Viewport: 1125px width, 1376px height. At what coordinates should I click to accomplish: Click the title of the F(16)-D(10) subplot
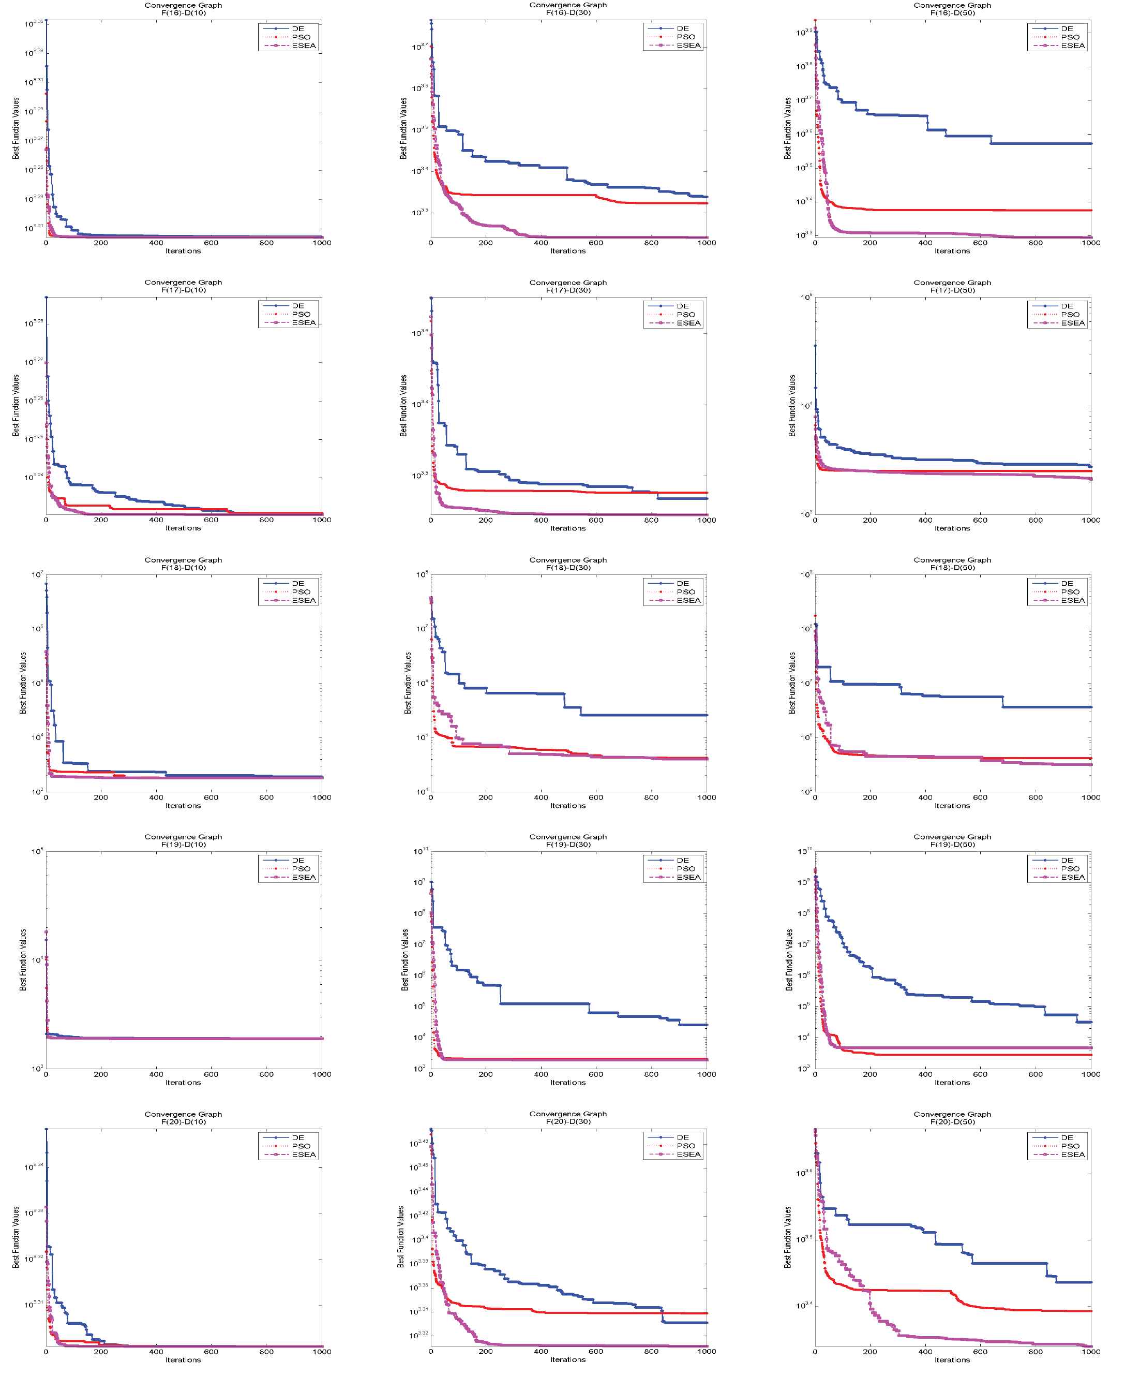(184, 9)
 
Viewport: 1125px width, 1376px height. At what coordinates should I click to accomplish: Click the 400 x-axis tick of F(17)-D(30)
(541, 520)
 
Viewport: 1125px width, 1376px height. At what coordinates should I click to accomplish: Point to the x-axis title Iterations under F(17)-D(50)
(952, 528)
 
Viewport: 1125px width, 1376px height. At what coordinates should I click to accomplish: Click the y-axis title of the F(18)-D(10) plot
(23, 683)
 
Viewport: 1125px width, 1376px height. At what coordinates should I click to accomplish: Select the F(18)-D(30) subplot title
(568, 564)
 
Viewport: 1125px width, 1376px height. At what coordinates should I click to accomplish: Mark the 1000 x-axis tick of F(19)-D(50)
(1091, 1074)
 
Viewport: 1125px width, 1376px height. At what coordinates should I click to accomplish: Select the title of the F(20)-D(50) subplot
(952, 1118)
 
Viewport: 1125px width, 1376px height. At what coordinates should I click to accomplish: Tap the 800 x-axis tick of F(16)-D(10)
(266, 243)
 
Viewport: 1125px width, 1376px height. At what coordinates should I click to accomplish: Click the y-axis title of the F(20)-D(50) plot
(788, 1237)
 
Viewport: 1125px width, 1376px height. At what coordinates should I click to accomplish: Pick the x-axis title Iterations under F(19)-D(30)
(568, 1083)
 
